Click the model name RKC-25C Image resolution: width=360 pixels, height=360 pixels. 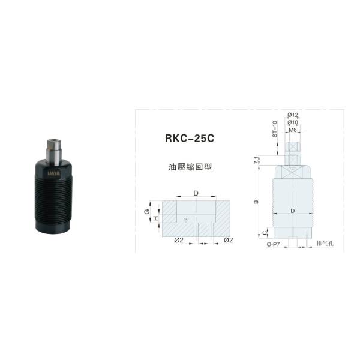188,137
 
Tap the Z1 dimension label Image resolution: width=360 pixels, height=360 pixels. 257,160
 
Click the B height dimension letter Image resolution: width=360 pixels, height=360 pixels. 257,202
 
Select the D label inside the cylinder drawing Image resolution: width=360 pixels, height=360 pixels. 292,211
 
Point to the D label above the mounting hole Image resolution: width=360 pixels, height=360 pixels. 196,193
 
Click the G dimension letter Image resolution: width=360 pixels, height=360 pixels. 147,211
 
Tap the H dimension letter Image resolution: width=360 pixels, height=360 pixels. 155,220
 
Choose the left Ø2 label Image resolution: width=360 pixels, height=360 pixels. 178,241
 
